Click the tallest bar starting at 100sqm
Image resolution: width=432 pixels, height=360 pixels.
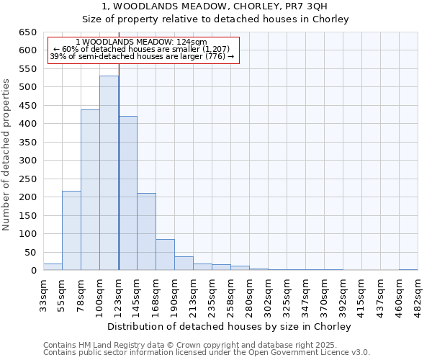109,173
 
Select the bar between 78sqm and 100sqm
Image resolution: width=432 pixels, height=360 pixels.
90,190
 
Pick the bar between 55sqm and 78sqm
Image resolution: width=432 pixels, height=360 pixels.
71,230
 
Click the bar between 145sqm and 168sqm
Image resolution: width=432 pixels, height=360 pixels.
146,232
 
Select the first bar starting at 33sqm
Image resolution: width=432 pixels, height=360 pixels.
53,267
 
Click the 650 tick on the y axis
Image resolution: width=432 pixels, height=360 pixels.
28,32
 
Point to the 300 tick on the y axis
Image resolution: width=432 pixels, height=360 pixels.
28,161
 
